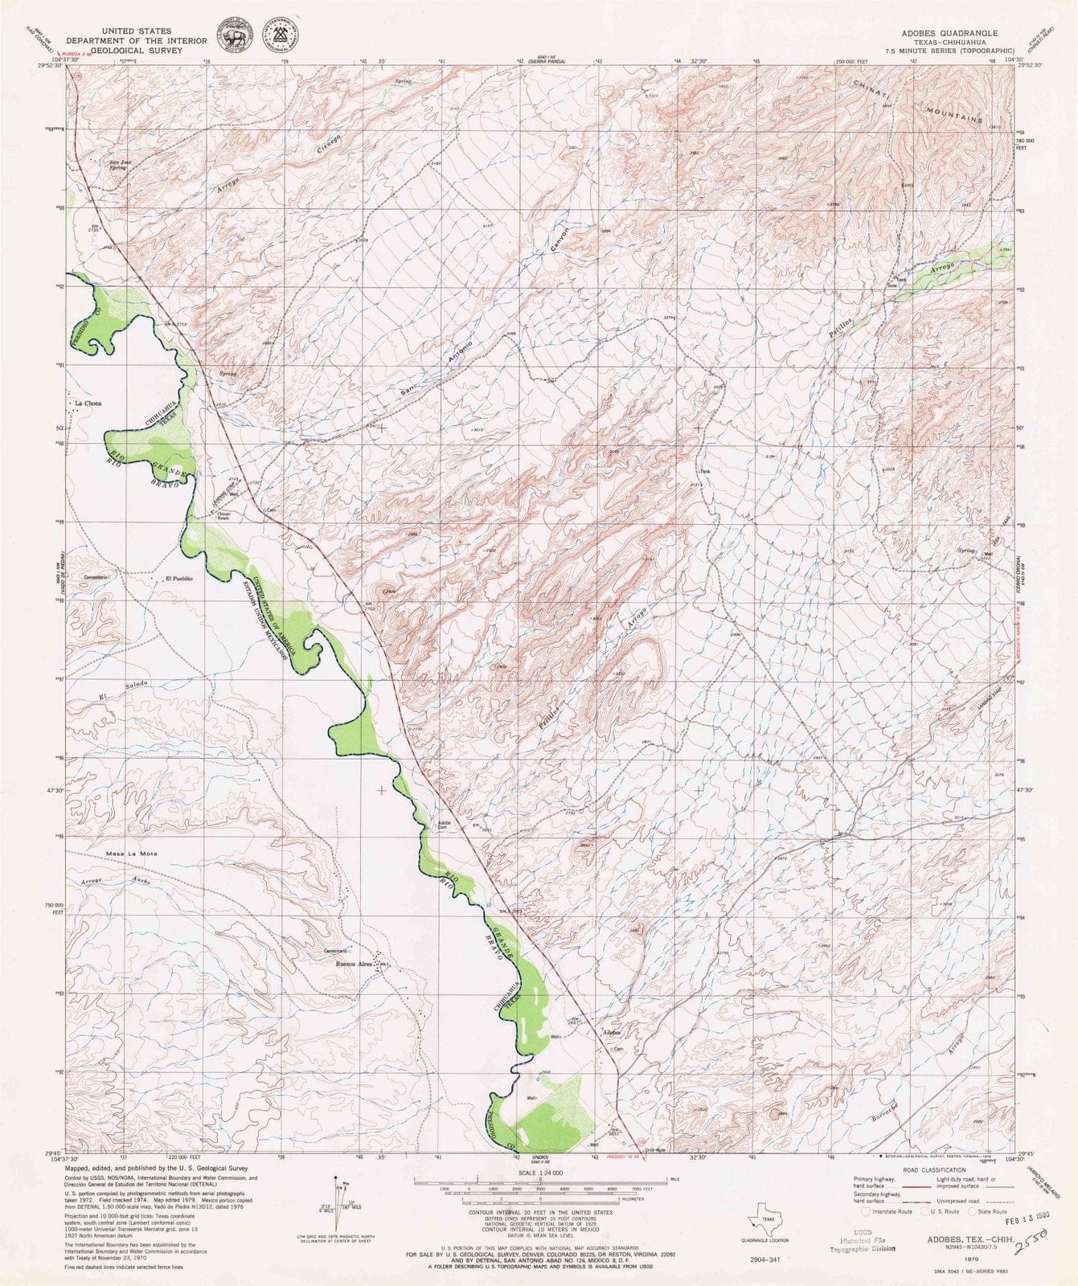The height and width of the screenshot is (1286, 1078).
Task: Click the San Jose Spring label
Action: [118, 165]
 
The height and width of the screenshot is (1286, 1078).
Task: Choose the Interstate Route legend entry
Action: [885, 1210]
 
